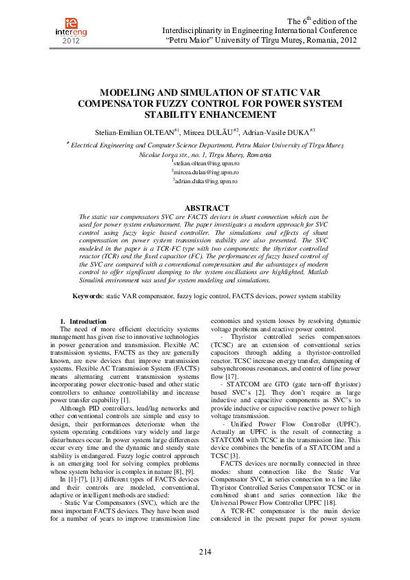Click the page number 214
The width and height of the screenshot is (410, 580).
(205, 552)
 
